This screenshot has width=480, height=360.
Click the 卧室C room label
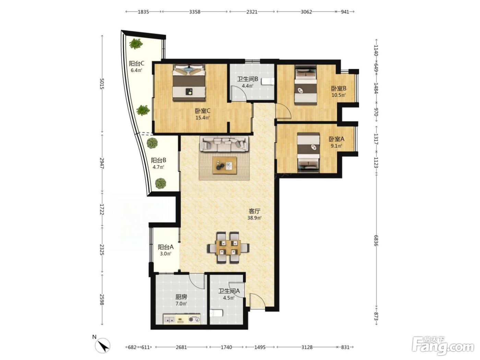pos(203,111)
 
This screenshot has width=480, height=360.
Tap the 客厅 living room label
pos(254,211)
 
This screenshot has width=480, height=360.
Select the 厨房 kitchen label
pos(181,297)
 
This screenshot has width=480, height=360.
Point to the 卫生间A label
pos(229,291)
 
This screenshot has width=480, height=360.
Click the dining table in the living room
pos(228,248)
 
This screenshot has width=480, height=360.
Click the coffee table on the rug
pos(225,165)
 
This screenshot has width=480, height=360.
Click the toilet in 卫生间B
pos(268,81)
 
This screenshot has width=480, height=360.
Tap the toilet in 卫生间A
pos(216,313)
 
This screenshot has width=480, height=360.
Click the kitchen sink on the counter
pos(169,319)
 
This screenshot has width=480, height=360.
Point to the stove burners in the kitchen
pos(194,319)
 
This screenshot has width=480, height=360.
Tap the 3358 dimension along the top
pos(195,12)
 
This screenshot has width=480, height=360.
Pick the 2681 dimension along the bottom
pos(181,347)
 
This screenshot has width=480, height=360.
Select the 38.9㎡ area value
pos(254,218)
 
